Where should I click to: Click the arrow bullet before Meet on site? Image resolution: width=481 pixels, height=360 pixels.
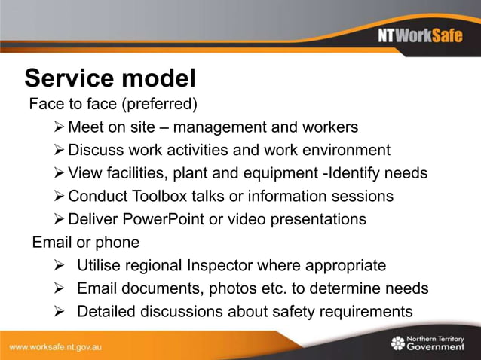pyautogui.click(x=60, y=127)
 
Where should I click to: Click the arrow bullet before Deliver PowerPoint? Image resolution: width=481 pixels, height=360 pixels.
pyautogui.click(x=60, y=219)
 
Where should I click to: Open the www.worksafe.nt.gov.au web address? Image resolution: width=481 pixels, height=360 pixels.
pyautogui.click(x=56, y=347)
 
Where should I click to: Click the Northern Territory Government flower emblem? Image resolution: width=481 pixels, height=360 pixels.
pyautogui.click(x=397, y=343)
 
